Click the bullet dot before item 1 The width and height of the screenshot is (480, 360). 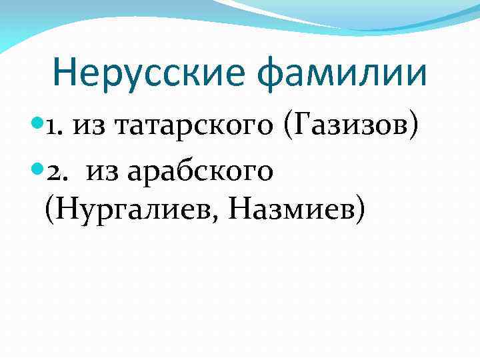coord(38,124)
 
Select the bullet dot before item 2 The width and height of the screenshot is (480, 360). coord(38,172)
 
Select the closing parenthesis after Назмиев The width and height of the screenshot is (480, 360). coord(361,211)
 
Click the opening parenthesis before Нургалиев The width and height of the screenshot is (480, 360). coord(50,211)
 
